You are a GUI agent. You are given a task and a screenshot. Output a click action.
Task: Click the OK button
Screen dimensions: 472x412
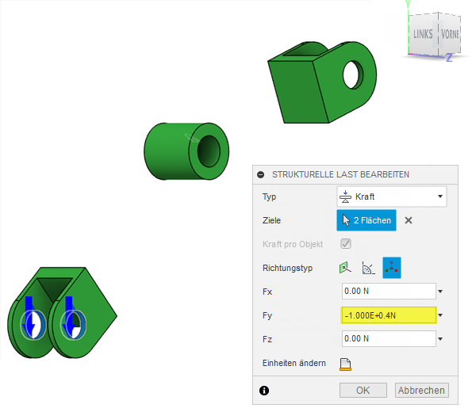tap(363, 390)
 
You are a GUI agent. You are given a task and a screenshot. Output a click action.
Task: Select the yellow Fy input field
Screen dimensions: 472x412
tap(389, 315)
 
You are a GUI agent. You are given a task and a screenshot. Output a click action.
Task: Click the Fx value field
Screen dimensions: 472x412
tap(389, 291)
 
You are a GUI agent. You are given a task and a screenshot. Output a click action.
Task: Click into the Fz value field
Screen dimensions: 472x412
tap(389, 338)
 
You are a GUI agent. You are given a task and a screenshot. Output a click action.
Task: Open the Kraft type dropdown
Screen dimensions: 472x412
tap(392, 196)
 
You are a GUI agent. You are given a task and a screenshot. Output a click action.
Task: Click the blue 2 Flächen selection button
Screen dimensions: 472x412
tap(366, 220)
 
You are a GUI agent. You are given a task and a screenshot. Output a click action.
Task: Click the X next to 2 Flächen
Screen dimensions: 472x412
tap(409, 220)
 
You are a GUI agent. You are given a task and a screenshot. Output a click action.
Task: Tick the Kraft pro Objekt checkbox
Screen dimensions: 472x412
tap(346, 243)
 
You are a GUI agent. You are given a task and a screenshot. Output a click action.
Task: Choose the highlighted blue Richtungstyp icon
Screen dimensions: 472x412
tap(392, 267)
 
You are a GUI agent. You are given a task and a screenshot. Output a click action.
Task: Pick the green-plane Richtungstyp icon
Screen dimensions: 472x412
tap(345, 267)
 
